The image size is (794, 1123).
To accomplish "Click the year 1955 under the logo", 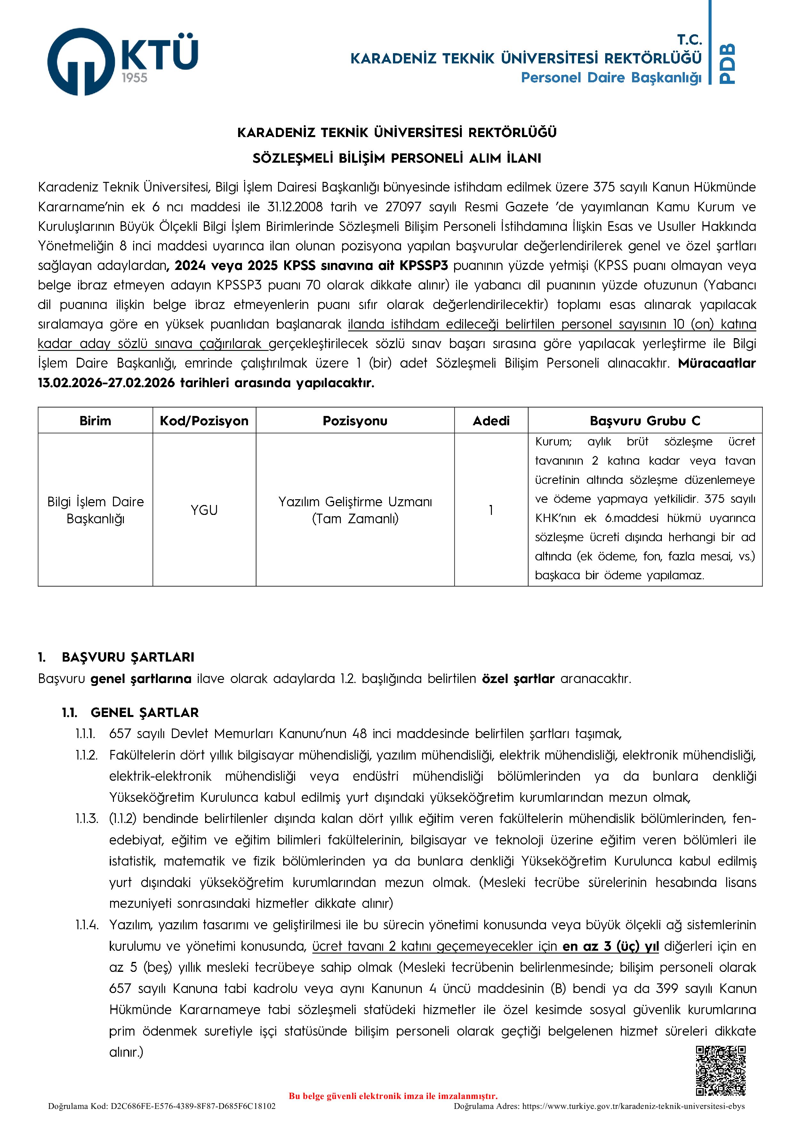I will click(x=134, y=78).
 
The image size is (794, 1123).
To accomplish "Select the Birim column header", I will click(x=95, y=421).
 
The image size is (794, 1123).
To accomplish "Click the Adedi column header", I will click(x=491, y=421).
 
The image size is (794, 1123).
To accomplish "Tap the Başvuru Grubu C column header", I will click(x=645, y=421).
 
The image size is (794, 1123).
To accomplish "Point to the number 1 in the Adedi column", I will click(x=491, y=510).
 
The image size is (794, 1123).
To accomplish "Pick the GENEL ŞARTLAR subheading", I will click(x=144, y=712).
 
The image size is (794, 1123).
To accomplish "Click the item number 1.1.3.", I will click(x=87, y=819).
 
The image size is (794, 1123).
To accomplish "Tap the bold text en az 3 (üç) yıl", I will click(x=610, y=946).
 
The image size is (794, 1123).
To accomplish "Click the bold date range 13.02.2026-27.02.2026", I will click(x=106, y=383).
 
